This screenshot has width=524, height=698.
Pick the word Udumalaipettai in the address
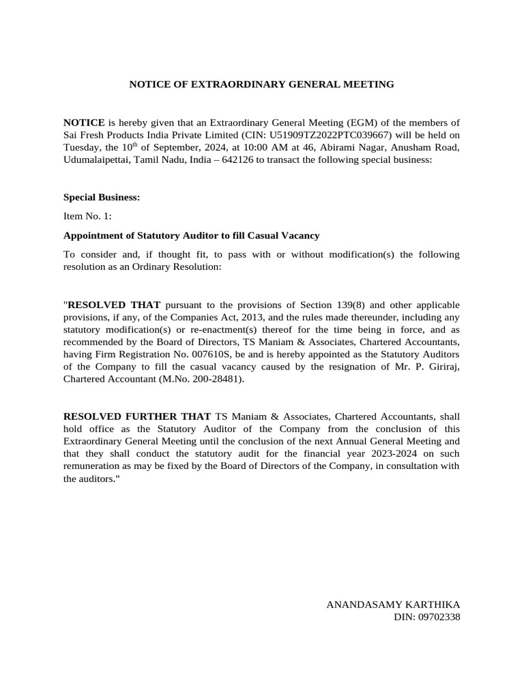tap(96, 160)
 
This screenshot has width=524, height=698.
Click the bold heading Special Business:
tap(102, 198)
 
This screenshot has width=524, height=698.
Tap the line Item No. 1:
tap(87, 217)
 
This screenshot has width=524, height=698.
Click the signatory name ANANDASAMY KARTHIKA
tap(393, 605)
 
